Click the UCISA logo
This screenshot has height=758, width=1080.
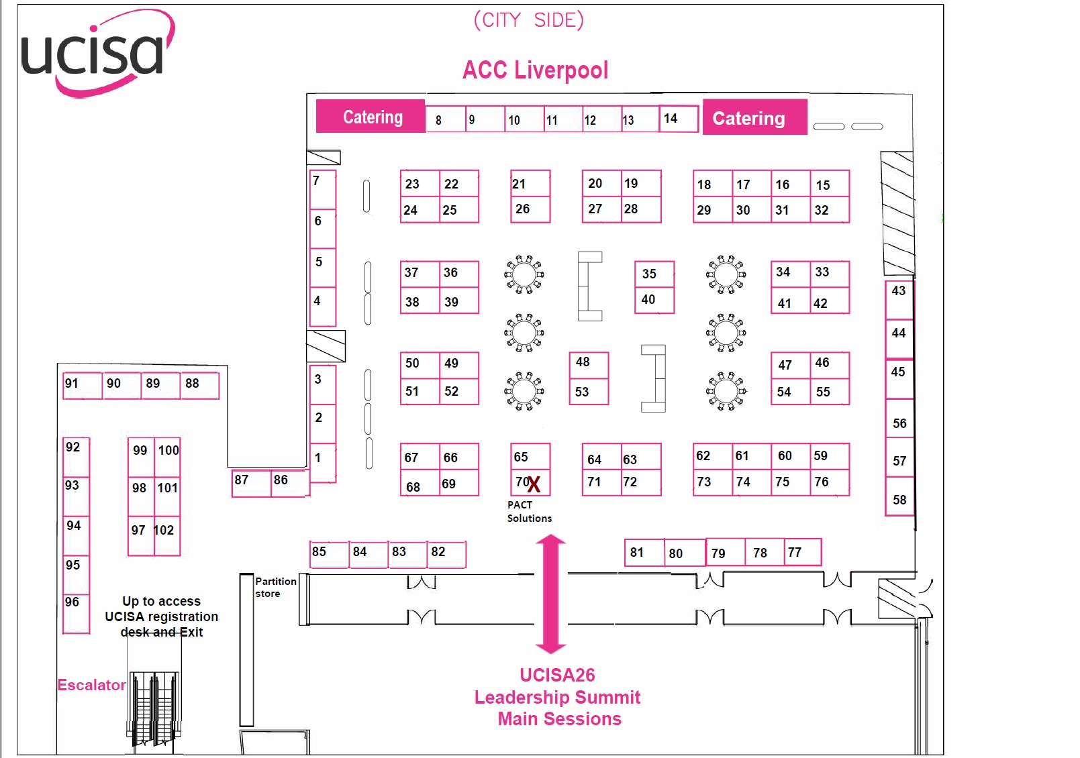point(97,54)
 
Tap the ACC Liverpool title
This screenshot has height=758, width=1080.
point(535,70)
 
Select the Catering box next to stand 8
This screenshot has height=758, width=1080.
point(371,117)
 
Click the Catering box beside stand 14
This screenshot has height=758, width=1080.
point(754,118)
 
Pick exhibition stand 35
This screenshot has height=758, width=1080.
point(654,274)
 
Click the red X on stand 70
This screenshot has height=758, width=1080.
point(534,484)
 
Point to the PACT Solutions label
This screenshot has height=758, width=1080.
point(529,512)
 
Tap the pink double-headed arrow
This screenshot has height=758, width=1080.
point(551,594)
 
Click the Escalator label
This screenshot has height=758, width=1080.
point(91,685)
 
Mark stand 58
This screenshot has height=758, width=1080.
point(899,497)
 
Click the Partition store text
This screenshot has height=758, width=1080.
point(275,587)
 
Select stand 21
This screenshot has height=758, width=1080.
point(530,183)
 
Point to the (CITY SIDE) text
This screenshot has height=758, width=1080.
point(529,20)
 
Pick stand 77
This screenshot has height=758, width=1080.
point(802,552)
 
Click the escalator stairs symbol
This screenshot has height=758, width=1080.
point(155,708)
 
